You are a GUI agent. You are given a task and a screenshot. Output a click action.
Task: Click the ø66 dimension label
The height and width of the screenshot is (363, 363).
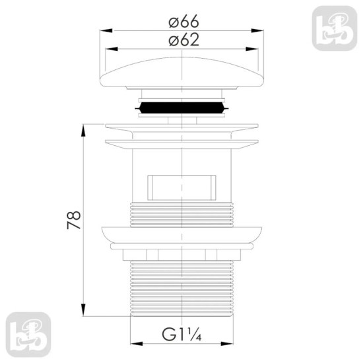pos(183,21)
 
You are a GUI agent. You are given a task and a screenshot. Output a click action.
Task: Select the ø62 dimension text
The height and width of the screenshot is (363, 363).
pos(183,40)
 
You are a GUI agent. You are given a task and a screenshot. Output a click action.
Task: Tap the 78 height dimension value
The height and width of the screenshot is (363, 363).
pos(74,220)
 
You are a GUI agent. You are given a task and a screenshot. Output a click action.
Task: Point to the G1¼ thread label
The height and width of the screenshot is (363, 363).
pos(181,335)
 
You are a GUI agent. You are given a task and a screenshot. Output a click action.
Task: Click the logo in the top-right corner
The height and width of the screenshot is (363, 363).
pos(335,28)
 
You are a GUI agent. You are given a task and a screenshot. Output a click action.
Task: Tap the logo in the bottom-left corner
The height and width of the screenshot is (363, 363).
pos(28,335)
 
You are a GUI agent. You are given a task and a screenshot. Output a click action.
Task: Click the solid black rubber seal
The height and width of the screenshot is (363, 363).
pos(181,108)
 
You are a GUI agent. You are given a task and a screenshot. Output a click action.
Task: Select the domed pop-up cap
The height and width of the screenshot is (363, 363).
pos(181,72)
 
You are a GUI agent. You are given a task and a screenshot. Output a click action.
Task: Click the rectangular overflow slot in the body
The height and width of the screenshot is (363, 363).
pos(181,187)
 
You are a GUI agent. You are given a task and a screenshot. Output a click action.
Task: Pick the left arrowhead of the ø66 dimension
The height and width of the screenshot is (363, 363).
pos(106,30)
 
